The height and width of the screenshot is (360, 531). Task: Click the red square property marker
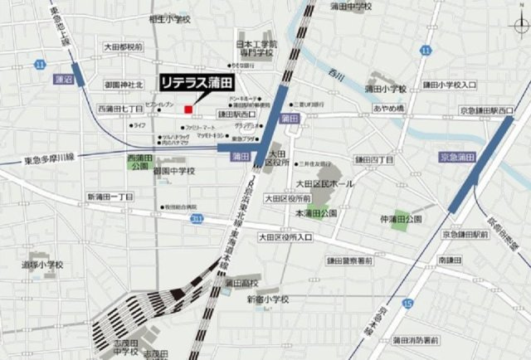188,109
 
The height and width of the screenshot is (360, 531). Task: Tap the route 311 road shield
194,217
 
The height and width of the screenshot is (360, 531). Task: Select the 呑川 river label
335,76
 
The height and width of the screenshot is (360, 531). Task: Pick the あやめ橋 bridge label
387,109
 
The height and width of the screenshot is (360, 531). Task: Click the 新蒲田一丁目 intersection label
110,197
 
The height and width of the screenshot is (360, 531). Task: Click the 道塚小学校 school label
42,265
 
